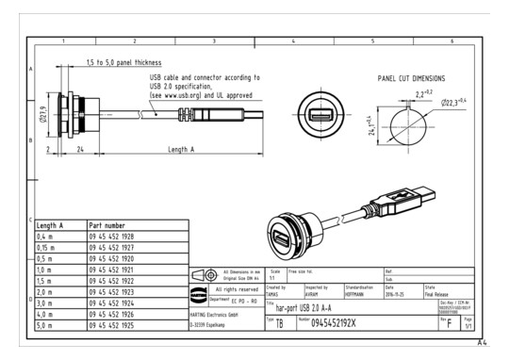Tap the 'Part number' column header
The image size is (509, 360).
[107, 225]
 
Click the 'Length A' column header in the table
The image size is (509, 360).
[51, 225]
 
